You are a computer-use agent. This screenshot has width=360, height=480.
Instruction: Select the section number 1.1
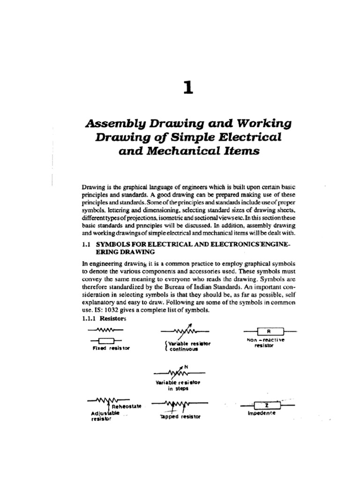tap(87, 244)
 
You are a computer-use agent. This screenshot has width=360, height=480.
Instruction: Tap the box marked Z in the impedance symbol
tap(266, 405)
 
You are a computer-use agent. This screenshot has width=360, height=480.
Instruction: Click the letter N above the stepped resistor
tap(186, 366)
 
